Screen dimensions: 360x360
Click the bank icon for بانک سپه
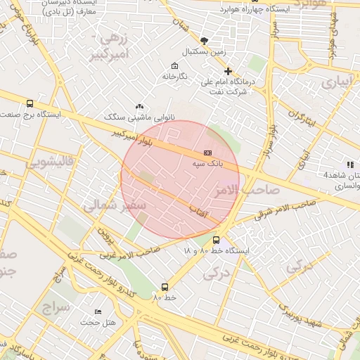pos(207,152)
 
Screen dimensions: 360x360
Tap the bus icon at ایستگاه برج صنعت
pos(29,103)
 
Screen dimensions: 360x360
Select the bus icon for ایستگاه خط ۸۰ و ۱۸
pos(216,240)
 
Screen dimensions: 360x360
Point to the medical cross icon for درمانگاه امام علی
pos(228,71)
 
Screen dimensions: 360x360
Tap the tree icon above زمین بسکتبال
pos(204,41)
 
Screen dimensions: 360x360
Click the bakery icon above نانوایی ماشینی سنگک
pos(139,105)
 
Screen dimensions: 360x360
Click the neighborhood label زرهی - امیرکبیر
pos(112,44)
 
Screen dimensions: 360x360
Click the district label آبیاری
pos(339,82)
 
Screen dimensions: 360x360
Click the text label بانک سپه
pos(208,162)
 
